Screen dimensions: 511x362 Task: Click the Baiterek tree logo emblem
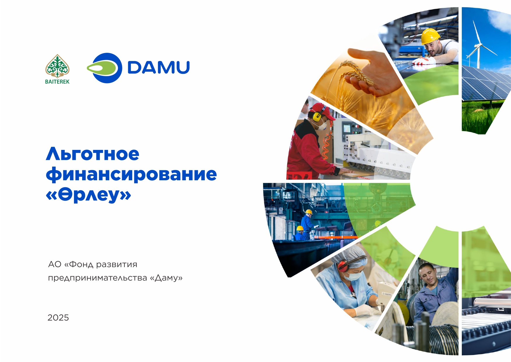click(57, 66)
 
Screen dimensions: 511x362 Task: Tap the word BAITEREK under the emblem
click(57, 82)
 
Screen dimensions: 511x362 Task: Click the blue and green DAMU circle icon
click(104, 68)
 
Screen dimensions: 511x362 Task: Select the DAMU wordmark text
click(159, 67)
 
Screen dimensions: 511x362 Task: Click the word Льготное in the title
click(93, 154)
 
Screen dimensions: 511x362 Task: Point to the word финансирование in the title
click(131, 174)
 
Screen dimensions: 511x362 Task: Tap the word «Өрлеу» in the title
click(89, 195)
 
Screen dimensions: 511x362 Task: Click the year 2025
click(58, 318)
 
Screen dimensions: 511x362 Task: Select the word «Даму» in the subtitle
click(166, 278)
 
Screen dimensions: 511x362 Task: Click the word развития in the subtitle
click(117, 265)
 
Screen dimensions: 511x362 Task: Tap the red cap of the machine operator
click(322, 111)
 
